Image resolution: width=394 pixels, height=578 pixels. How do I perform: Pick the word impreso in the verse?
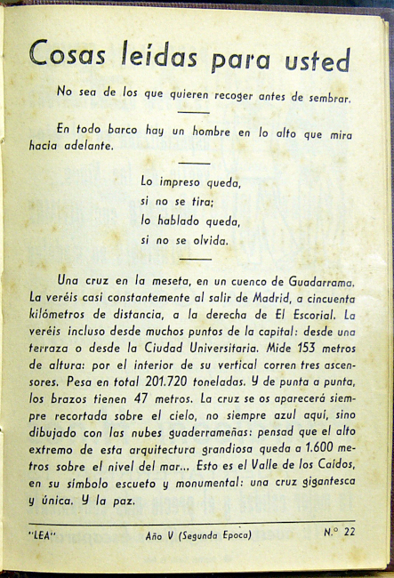(173, 182)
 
